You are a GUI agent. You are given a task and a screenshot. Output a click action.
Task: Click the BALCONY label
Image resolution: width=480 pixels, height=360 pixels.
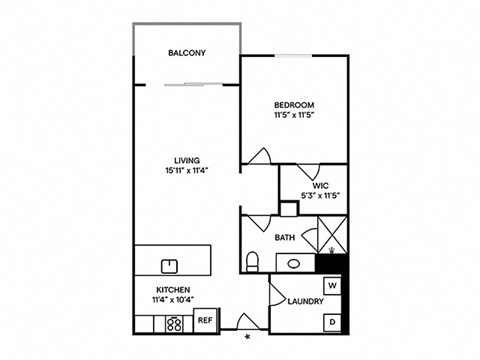pyautogui.click(x=187, y=52)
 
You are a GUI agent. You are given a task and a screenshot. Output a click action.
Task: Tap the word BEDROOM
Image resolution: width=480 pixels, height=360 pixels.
pyautogui.click(x=295, y=105)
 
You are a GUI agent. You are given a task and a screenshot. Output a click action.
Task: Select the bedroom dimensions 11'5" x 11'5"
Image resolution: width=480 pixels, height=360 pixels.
pyautogui.click(x=295, y=116)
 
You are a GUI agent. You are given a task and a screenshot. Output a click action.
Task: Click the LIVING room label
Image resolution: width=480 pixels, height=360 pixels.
pyautogui.click(x=187, y=160)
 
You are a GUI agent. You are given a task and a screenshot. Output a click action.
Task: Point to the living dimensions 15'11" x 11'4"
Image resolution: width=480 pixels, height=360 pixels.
pyautogui.click(x=187, y=171)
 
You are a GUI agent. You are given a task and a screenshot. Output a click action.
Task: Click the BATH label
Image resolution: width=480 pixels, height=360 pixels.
pyautogui.click(x=284, y=238)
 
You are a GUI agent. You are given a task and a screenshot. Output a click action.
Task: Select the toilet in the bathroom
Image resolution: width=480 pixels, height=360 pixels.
pyautogui.click(x=253, y=262)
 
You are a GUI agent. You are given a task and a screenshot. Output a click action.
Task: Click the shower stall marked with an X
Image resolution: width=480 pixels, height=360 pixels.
pyautogui.click(x=331, y=237)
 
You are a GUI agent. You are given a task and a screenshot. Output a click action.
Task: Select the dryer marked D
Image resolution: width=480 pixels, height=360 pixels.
pyautogui.click(x=333, y=321)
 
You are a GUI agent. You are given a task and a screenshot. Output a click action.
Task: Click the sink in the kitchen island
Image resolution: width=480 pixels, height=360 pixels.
pyautogui.click(x=170, y=266)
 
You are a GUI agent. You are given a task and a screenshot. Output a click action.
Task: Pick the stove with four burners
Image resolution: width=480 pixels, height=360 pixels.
pyautogui.click(x=173, y=323)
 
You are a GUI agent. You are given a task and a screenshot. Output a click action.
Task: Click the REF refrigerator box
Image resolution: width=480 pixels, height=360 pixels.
pyautogui.click(x=204, y=321)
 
